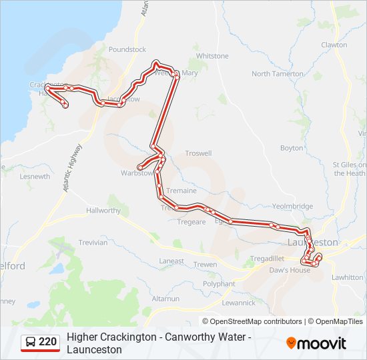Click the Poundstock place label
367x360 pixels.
pos(127,49)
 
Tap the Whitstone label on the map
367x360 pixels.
pos(212,56)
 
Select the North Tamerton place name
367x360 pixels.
pos(277,74)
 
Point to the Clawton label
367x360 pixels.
pos(334,45)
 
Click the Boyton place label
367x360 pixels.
pos(292,148)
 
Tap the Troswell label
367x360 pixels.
pos(198,153)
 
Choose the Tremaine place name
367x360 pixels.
pos(181,191)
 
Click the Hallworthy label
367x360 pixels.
pos(103,211)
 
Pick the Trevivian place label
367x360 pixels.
pos(93,243)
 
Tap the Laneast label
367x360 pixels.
pos(171,261)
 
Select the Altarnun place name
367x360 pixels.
pos(165,298)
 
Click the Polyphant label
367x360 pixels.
pos(219,283)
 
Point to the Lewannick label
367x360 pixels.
pos(239,303)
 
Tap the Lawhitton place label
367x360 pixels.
pos(347,277)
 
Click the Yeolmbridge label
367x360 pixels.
pos(292,207)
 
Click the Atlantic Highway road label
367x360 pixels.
pos(73,168)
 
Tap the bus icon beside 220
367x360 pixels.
pos(31,343)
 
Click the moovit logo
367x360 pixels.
pos(316,343)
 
